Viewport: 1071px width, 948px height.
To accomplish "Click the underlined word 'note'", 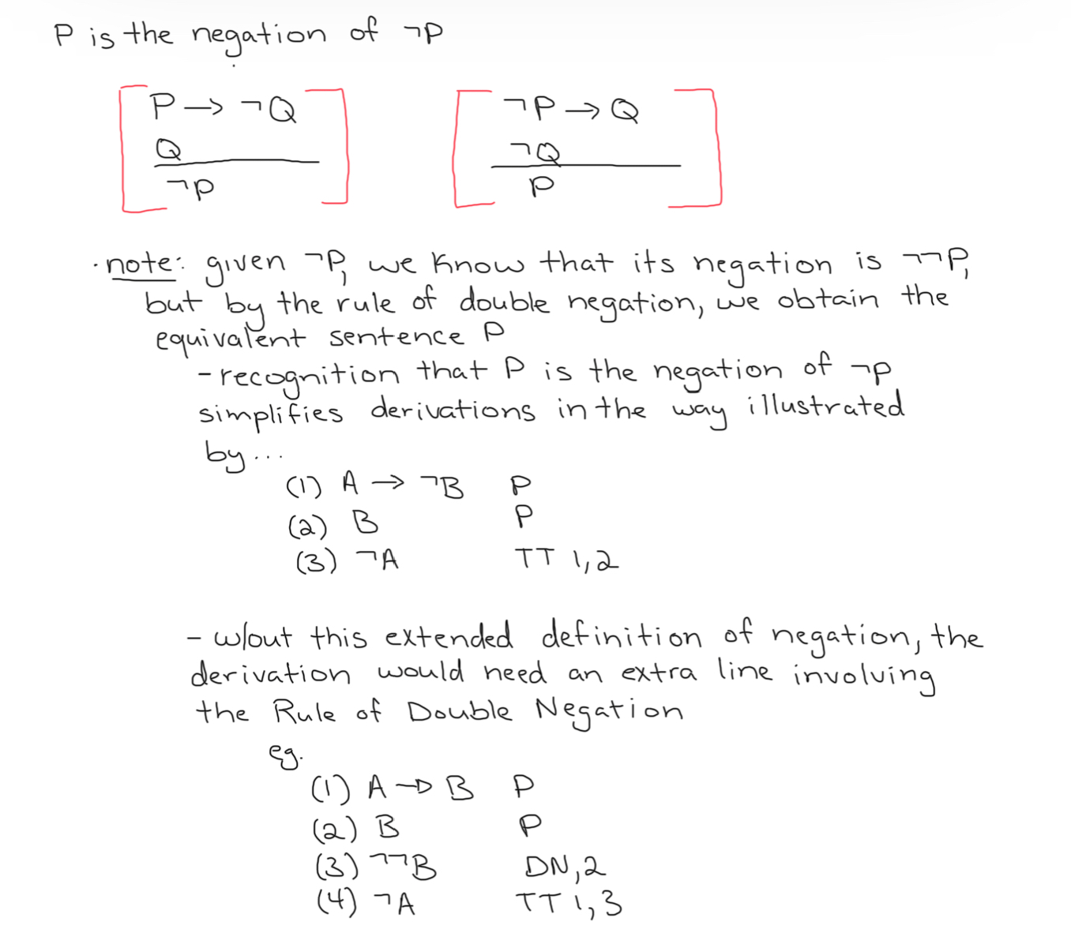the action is tap(140, 264).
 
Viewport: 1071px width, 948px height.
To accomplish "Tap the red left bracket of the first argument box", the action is tap(123, 150).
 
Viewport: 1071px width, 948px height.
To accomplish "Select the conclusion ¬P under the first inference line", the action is tap(191, 188).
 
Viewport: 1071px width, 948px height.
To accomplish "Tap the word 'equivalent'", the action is tap(229, 339).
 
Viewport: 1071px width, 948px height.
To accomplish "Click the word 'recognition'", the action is tap(309, 375).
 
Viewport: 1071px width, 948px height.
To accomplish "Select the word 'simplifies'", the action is tap(270, 413).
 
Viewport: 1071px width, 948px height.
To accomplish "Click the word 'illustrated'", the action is tap(825, 407).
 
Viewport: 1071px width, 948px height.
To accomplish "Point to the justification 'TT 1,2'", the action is tap(566, 560).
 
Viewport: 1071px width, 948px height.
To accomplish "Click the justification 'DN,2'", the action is tap(565, 867).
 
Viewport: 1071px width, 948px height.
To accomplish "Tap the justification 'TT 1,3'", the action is tap(569, 903).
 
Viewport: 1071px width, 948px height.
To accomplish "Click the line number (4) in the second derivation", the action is tap(336, 901).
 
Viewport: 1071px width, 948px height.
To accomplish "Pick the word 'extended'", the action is tap(448, 636).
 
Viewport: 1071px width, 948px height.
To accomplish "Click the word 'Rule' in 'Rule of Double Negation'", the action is tap(304, 712).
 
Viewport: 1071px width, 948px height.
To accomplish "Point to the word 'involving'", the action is tap(864, 676).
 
